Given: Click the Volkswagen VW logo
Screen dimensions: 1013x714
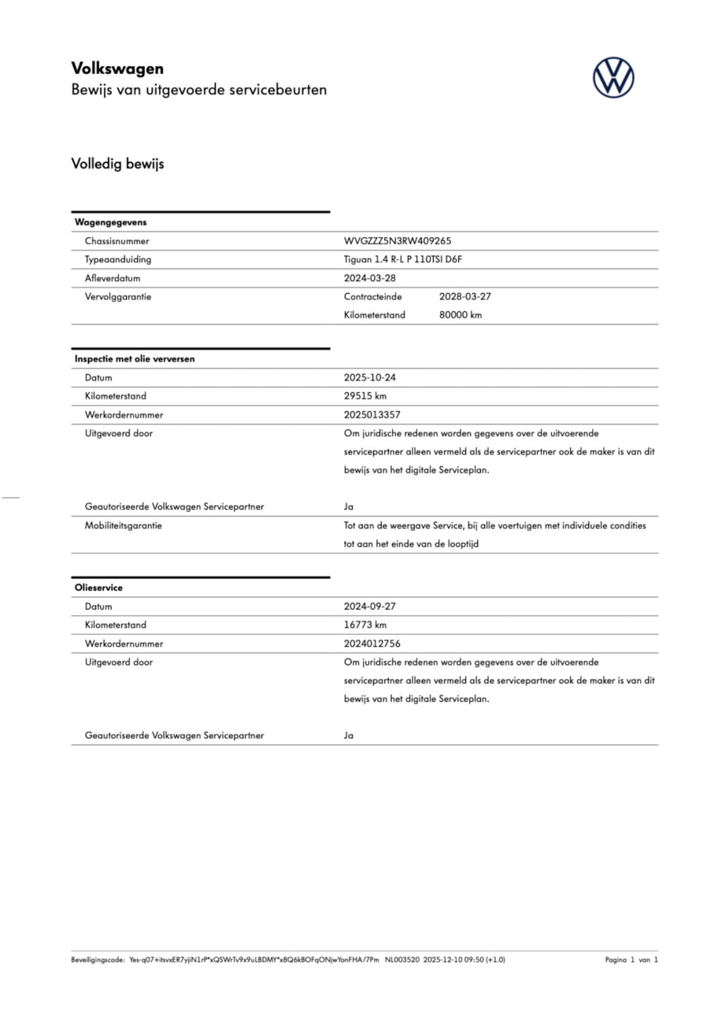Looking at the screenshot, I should click(613, 78).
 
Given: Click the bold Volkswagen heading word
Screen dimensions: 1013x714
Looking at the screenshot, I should click(117, 69).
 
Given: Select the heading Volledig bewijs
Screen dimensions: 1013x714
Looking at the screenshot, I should click(117, 164).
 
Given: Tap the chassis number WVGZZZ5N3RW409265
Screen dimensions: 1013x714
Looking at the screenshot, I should click(397, 241).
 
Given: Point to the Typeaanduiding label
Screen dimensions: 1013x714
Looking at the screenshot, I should click(118, 259).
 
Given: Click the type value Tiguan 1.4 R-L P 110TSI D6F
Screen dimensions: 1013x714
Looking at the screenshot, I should click(403, 259).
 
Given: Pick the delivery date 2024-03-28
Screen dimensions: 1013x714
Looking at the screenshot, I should click(369, 278).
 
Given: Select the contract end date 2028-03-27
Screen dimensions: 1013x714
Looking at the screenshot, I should click(465, 296).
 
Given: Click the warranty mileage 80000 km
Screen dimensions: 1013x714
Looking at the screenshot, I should click(460, 315).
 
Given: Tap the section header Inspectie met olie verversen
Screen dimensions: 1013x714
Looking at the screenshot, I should click(134, 359).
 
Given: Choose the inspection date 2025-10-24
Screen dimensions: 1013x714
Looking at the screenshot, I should click(369, 378).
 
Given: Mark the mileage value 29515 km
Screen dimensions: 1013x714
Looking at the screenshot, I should click(365, 396).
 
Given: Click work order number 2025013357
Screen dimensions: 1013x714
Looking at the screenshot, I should click(372, 414).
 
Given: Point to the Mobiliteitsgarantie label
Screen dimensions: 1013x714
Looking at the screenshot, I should click(123, 525).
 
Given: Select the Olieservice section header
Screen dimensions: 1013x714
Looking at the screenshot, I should click(98, 587).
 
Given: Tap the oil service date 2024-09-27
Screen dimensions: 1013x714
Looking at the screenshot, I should click(369, 606).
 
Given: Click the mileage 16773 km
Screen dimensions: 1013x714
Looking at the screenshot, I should click(365, 625).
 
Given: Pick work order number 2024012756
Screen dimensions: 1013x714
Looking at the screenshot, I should click(372, 643).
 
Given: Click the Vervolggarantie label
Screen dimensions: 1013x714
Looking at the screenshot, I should click(118, 297).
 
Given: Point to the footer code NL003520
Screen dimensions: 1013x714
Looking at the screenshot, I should click(402, 959).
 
